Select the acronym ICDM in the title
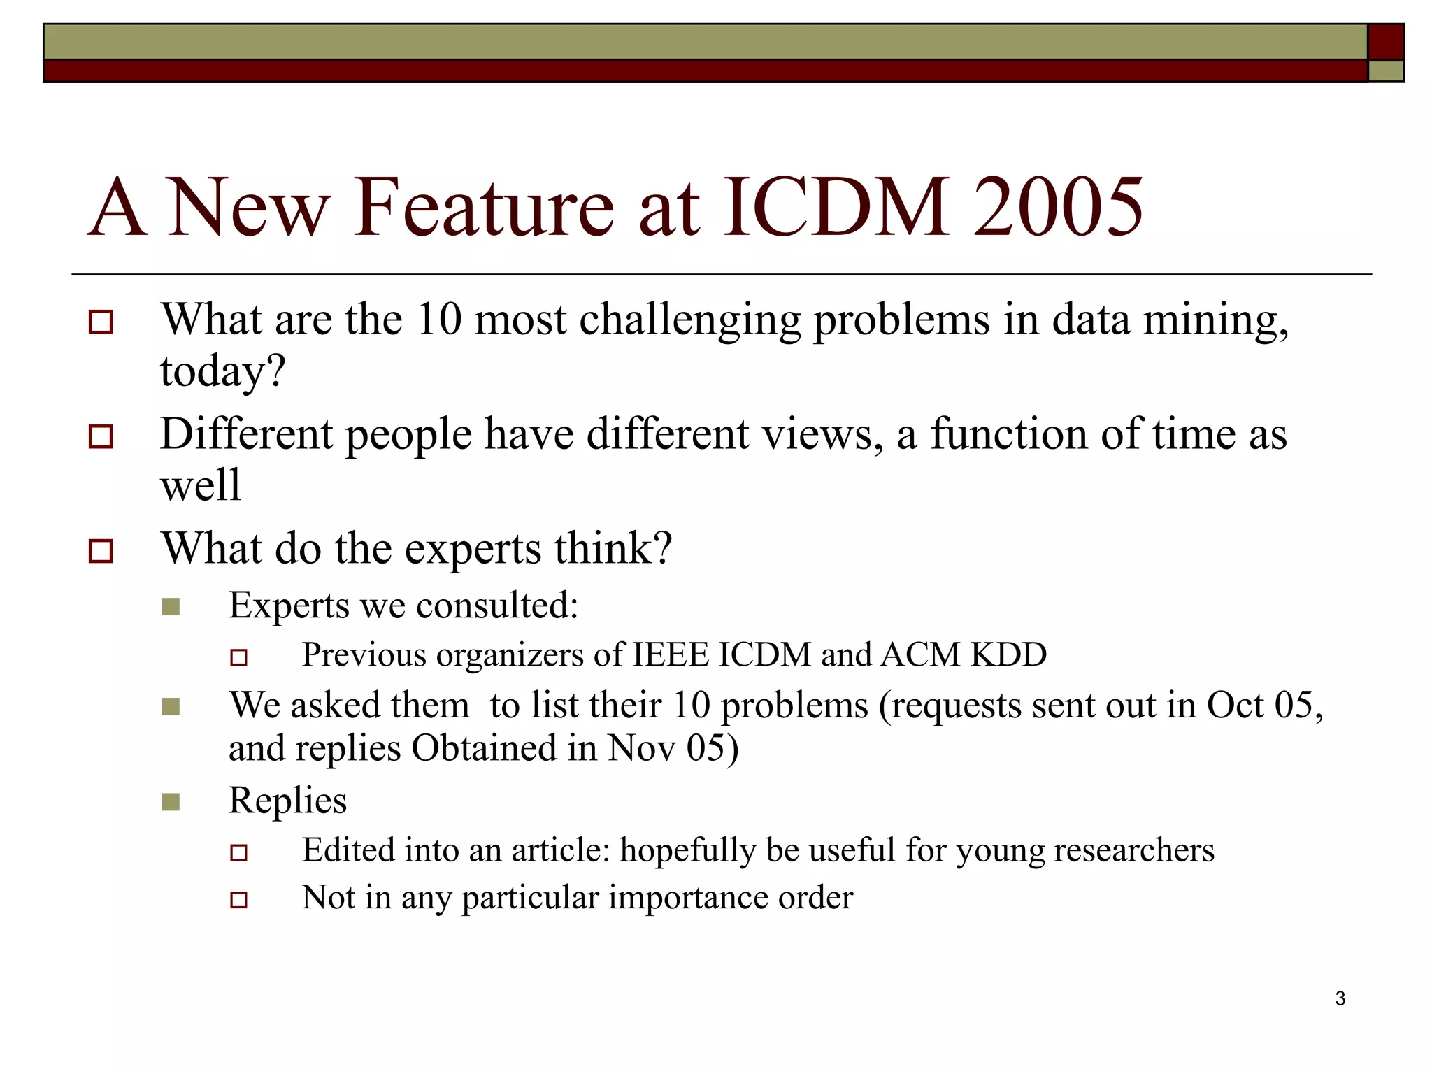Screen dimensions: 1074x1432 [x=835, y=208]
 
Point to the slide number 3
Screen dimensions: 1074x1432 [x=1340, y=998]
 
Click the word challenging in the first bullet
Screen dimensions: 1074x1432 [x=690, y=320]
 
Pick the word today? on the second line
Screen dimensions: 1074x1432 [x=223, y=371]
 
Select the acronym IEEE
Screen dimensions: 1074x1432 [x=671, y=655]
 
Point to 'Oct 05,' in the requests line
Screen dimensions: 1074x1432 [x=1265, y=705]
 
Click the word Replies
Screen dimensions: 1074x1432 [x=287, y=801]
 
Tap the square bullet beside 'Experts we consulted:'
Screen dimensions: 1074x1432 [x=171, y=606]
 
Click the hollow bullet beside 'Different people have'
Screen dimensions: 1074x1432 [x=101, y=437]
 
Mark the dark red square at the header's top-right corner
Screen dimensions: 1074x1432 [x=1385, y=42]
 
